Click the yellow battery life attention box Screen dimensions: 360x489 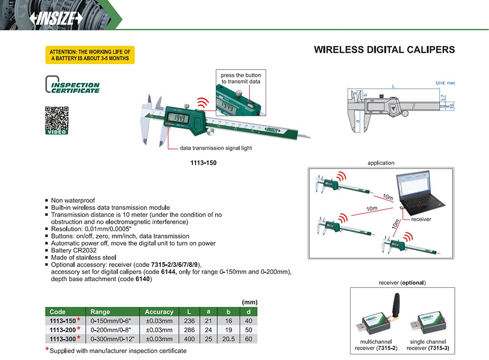pos(90,55)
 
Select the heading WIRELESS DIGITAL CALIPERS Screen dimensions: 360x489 pos(384,50)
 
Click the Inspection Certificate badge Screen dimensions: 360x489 pos(72,85)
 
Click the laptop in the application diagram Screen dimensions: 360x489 pos(422,193)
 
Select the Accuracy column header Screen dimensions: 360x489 pos(159,312)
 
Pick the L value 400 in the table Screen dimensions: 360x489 pos(189,339)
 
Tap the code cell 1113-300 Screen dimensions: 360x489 pos(63,339)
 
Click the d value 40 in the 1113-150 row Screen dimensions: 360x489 pos(248,320)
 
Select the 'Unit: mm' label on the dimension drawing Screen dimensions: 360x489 pos(445,83)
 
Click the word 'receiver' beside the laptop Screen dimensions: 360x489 pos(421,220)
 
